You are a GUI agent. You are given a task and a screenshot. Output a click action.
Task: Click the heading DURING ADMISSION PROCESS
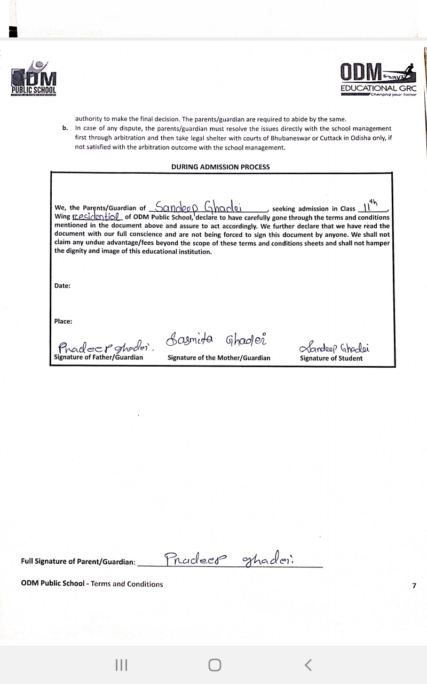220,167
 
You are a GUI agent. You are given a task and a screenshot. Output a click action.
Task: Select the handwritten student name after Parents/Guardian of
206,207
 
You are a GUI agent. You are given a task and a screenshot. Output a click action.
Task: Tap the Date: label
62,286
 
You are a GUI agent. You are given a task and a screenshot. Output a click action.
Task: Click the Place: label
63,321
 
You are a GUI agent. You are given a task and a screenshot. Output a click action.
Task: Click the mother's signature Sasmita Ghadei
217,339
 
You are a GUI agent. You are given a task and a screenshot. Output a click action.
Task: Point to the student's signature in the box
335,348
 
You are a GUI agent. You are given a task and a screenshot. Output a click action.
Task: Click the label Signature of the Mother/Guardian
219,358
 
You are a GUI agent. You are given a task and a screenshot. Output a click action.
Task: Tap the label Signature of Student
331,359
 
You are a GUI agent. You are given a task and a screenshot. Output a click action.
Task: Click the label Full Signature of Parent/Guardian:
78,562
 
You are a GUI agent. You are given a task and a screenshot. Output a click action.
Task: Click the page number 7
414,586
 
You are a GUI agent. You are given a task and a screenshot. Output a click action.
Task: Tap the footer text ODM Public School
53,584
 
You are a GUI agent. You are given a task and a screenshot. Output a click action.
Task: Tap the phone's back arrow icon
308,665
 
